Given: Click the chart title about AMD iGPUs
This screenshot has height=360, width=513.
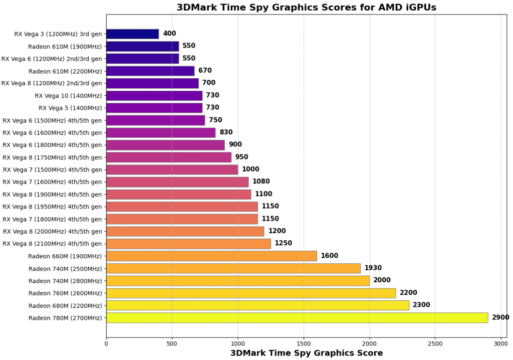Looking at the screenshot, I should (x=306, y=7).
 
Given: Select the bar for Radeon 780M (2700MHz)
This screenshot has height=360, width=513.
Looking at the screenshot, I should (x=297, y=318).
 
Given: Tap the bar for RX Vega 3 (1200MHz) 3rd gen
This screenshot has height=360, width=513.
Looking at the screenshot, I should (x=132, y=34).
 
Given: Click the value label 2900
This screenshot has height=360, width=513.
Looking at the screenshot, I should (x=500, y=317).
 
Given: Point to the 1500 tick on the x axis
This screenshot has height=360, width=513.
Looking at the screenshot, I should (x=304, y=343).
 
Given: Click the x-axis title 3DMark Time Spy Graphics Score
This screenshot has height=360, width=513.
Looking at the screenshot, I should (x=306, y=353).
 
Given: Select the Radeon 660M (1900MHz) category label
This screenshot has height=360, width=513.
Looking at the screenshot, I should (x=65, y=256).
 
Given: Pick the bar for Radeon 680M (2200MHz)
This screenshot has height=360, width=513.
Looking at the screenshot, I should (x=258, y=305).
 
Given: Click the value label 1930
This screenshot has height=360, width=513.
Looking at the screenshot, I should (x=373, y=268).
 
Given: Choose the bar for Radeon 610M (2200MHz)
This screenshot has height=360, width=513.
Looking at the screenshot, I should (x=150, y=71).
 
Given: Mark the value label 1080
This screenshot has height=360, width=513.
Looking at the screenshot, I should (x=261, y=182).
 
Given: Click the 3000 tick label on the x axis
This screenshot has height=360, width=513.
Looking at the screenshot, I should (x=500, y=343).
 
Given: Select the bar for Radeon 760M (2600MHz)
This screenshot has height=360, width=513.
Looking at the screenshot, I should (x=250, y=293).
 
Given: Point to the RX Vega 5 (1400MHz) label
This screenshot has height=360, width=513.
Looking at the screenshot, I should (x=70, y=108).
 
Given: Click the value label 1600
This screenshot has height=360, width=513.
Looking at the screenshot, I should (x=329, y=256).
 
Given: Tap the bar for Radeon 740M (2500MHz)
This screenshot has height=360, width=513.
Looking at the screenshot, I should (x=233, y=268).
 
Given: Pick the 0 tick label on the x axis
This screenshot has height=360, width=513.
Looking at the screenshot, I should (x=106, y=343).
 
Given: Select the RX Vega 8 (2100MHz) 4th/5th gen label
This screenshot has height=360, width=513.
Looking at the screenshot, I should (x=52, y=244).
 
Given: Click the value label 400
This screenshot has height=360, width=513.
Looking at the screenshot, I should (x=169, y=34).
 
